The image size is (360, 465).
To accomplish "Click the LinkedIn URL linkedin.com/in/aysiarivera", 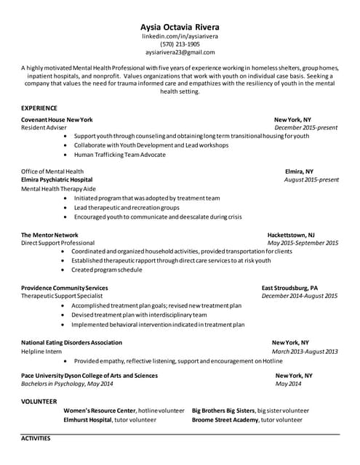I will click(179, 36).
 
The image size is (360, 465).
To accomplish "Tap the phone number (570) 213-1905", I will click(179, 44).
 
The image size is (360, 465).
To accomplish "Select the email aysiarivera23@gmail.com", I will click(179, 52).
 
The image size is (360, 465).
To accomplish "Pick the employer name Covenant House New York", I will click(57, 119).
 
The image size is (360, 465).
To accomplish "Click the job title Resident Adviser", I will click(44, 127).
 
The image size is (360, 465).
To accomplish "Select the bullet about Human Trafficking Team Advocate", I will click(119, 154).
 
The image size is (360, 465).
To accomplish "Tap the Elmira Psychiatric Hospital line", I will click(57, 179).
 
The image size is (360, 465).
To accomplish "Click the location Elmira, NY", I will click(299, 171).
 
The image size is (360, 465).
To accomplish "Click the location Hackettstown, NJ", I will click(291, 235).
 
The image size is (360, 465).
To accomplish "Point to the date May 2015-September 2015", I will click(303, 243).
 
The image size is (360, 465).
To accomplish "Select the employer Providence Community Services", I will click(65, 288).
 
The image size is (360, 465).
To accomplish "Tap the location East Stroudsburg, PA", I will click(289, 288).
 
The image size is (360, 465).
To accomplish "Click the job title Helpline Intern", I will click(41, 351).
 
